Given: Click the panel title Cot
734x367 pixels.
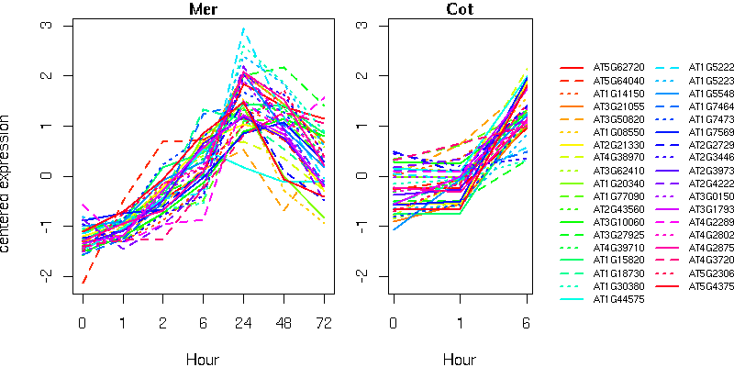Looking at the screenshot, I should click(x=460, y=10).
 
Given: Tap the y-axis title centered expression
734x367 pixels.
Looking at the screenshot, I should click(x=7, y=183).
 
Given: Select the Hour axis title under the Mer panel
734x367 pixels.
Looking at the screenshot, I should click(x=202, y=359).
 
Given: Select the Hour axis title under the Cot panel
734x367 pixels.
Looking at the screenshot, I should click(x=460, y=359).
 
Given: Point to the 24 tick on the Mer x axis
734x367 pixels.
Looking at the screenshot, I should click(x=242, y=324).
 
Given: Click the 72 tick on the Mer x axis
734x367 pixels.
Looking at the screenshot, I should click(x=323, y=324).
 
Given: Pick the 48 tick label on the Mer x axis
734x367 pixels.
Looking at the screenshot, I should click(x=283, y=324).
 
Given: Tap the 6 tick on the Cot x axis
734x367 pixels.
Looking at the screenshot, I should click(x=527, y=324).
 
